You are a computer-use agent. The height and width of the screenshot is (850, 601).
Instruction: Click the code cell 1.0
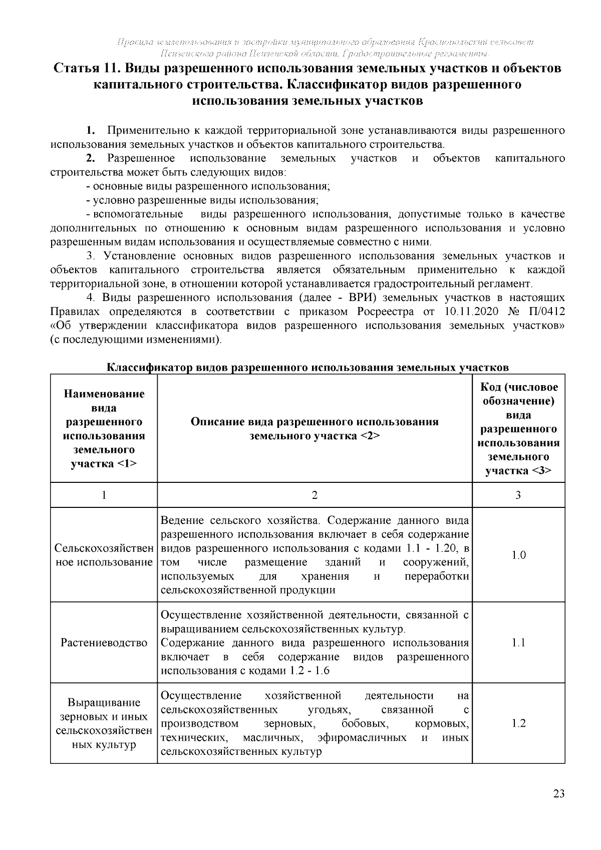[x=518, y=555]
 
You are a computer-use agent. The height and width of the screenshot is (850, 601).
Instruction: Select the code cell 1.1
[x=518, y=642]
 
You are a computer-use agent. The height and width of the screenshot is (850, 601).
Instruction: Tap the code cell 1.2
[x=518, y=723]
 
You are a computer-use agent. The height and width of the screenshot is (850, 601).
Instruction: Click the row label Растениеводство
[x=104, y=642]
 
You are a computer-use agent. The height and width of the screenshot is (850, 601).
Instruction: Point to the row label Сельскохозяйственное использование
[x=104, y=555]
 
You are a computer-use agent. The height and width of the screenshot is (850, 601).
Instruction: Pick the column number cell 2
[x=315, y=495]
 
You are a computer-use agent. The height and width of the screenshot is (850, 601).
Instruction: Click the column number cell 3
[x=518, y=495]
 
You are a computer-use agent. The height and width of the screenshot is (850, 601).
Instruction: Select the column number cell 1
[x=104, y=495]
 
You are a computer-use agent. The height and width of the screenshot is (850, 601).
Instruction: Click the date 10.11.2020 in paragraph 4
[x=471, y=312]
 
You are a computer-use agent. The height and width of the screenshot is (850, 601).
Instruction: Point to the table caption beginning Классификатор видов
[x=308, y=368]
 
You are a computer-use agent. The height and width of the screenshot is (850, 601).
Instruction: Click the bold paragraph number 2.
[x=90, y=159]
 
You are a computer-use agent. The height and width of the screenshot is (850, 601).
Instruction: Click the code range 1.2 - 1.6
[x=309, y=671]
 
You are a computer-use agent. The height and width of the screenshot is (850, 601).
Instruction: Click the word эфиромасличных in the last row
[x=362, y=738]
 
